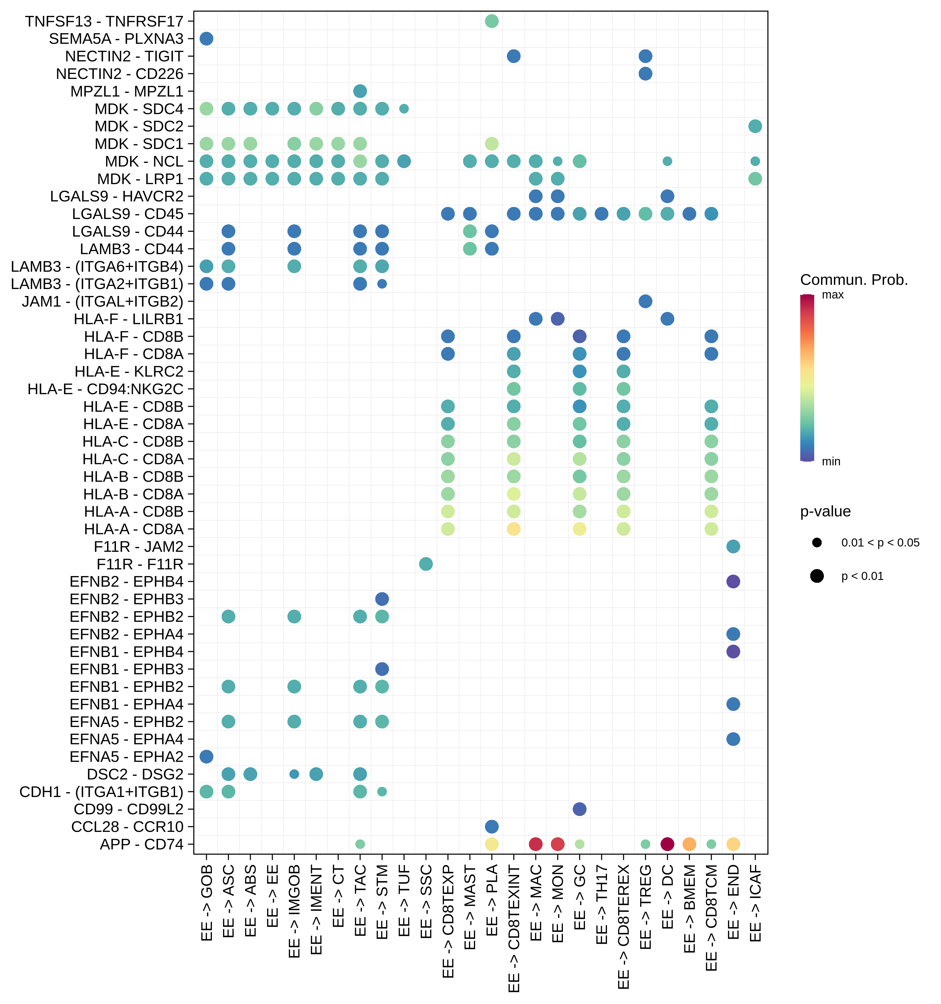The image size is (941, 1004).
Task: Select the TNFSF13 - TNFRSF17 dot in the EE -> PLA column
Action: tap(491, 21)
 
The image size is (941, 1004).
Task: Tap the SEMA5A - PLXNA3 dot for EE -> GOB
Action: tap(206, 38)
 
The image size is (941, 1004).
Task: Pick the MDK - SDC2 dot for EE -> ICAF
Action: tap(755, 126)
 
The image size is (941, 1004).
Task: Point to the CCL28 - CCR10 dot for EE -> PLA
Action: tap(491, 826)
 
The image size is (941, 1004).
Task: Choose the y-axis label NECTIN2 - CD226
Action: tap(120, 74)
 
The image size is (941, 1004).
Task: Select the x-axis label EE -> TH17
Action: tap(601, 904)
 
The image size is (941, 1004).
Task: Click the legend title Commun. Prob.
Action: tap(854, 280)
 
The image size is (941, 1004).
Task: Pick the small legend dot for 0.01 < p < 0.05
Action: tap(817, 542)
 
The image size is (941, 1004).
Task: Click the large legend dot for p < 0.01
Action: tap(817, 576)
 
